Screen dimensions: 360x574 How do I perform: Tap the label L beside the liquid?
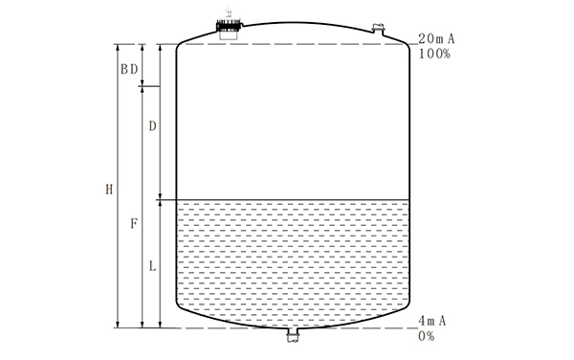point(152,265)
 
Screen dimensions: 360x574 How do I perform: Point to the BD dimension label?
point(128,69)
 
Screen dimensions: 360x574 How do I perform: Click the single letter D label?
point(152,126)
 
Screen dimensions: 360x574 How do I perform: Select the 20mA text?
point(433,38)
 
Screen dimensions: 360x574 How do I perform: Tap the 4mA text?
point(432,320)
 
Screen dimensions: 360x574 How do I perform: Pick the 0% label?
point(427,335)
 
